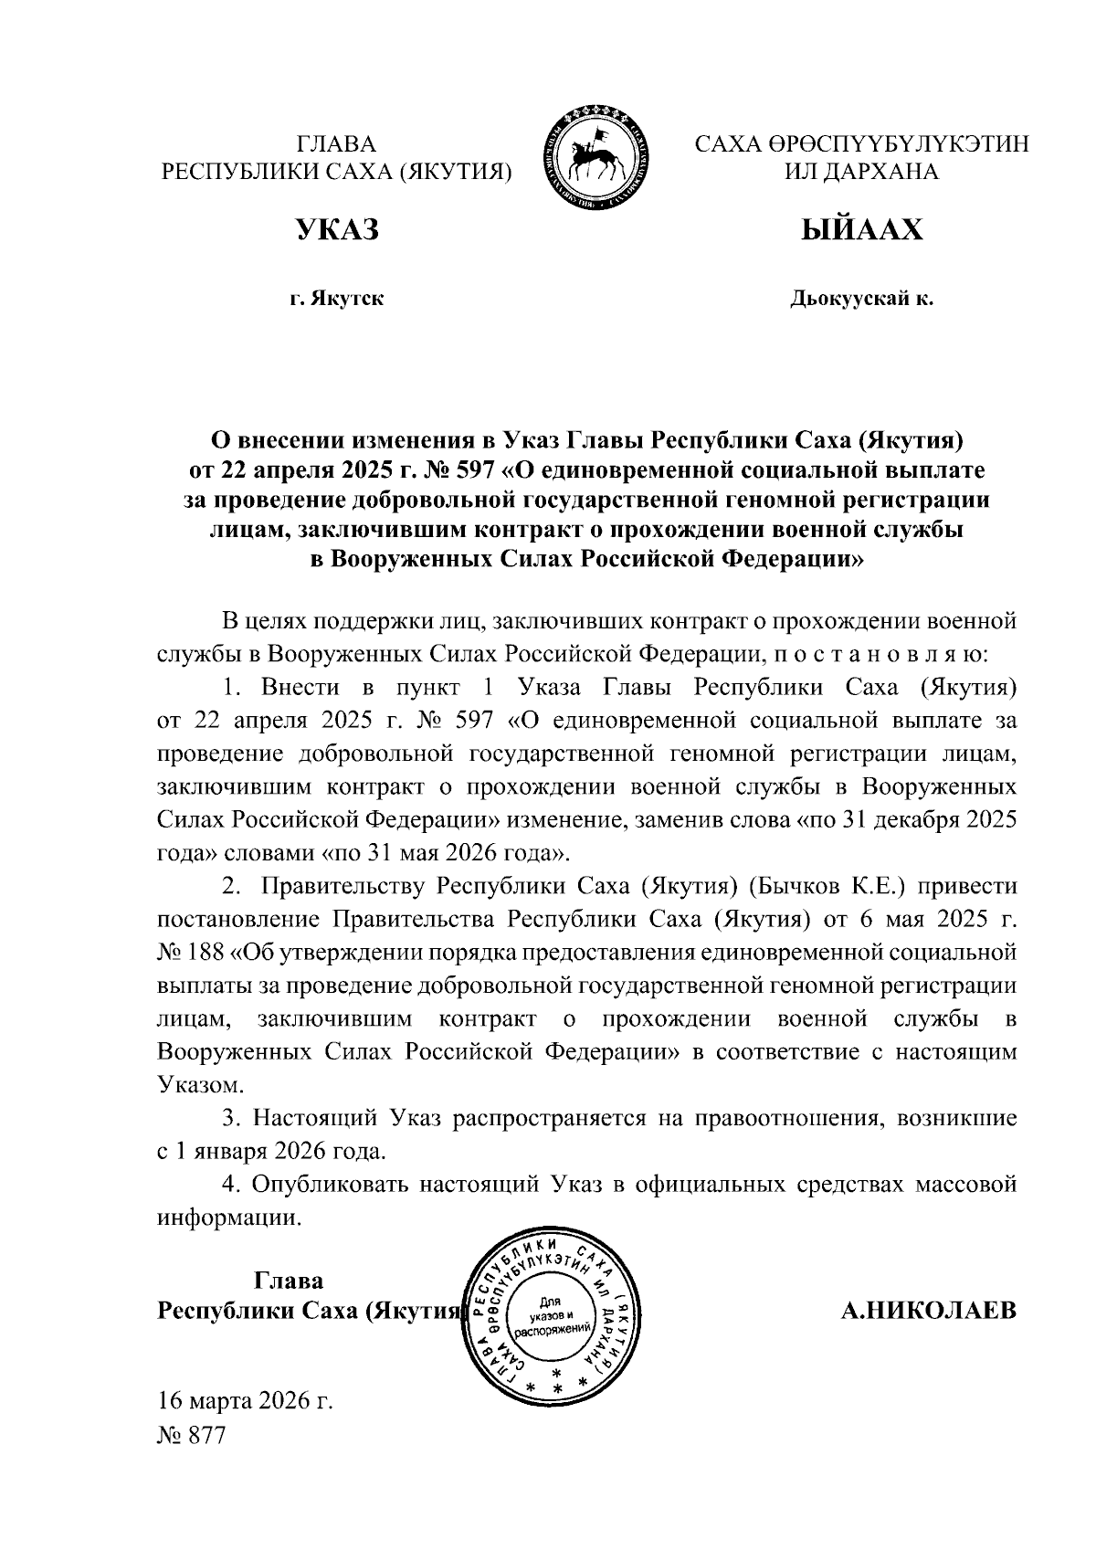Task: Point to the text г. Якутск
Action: [x=336, y=299]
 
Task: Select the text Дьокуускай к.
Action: [x=861, y=299]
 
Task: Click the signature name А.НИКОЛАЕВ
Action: [x=928, y=1312]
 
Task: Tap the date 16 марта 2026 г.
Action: [x=245, y=1399]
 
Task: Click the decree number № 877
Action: [x=191, y=1434]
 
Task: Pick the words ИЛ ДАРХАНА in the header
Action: [x=861, y=172]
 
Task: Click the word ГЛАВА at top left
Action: [x=336, y=144]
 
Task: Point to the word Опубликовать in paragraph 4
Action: [x=330, y=1185]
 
